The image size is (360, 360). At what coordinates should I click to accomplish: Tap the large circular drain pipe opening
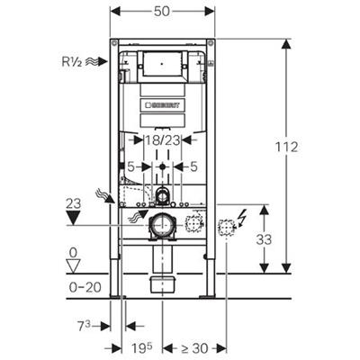(x=163, y=226)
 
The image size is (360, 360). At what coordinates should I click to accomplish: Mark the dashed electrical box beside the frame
(x=226, y=227)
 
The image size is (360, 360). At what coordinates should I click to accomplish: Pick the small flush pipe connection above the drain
(x=163, y=195)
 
